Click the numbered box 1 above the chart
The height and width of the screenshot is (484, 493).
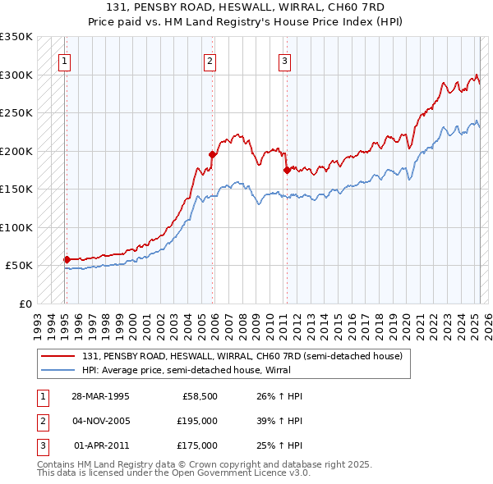pos(63,60)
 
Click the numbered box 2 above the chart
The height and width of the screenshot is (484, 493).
pos(210,60)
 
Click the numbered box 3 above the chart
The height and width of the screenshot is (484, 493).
pos(284,60)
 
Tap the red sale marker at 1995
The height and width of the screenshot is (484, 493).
pos(67,259)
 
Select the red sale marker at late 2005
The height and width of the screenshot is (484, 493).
pos(212,154)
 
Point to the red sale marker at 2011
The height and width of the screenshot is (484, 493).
pos(287,170)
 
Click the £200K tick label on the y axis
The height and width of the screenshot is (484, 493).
pos(16,151)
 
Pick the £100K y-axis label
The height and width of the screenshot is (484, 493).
pos(16,227)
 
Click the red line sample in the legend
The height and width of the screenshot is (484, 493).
pos(58,357)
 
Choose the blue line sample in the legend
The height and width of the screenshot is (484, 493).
pos(58,370)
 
